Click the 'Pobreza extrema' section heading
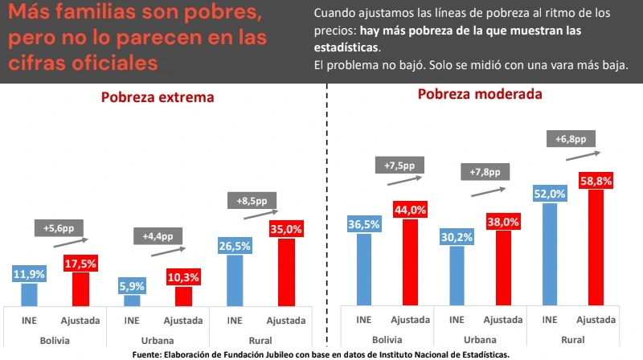pos(158,98)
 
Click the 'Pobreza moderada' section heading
pos(479,94)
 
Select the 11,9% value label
pos(29,275)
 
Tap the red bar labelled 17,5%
pos(80,288)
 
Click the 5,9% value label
pos(132,286)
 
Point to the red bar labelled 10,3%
pos(183,296)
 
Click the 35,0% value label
pos(286,229)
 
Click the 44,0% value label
pos(410,210)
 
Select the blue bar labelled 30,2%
pos(457,275)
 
